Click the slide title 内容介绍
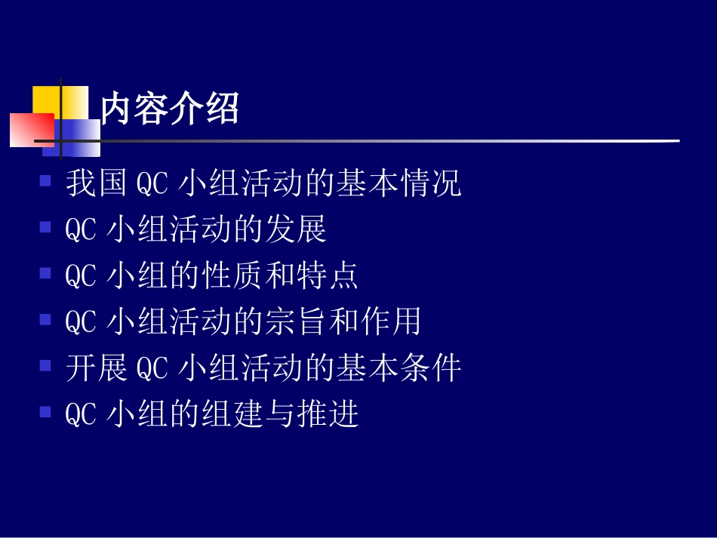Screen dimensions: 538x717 (170, 109)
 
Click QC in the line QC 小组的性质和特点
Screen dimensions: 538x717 (81, 276)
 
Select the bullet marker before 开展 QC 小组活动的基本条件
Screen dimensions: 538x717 (45, 366)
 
